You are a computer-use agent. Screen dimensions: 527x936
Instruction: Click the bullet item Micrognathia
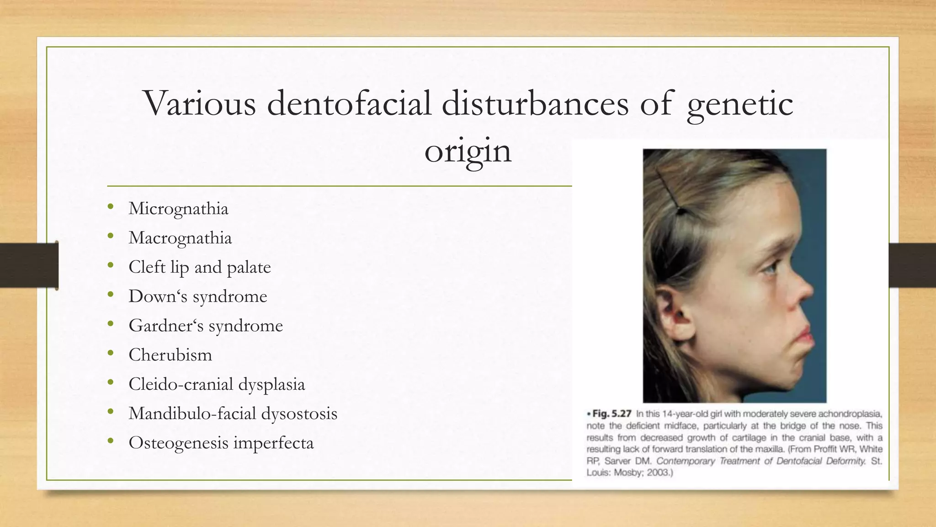178,209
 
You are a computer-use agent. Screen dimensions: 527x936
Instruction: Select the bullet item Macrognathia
180,238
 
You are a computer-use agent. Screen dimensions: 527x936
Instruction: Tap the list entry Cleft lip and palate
199,268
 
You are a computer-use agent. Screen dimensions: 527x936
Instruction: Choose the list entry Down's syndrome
197,297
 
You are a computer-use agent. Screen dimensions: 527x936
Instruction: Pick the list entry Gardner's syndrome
206,326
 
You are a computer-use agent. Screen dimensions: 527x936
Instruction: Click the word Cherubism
170,355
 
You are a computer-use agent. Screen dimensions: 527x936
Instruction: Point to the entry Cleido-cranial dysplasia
217,385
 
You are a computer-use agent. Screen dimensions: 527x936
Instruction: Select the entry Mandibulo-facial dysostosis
233,414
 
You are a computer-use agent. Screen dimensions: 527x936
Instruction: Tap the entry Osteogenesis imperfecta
221,443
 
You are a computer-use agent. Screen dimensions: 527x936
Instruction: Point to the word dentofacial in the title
349,103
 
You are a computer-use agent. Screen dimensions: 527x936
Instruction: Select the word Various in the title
199,103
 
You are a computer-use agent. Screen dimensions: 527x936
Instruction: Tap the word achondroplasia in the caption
850,414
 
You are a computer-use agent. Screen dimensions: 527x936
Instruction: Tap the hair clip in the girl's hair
669,192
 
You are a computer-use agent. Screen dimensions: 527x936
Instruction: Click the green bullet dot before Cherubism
110,354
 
